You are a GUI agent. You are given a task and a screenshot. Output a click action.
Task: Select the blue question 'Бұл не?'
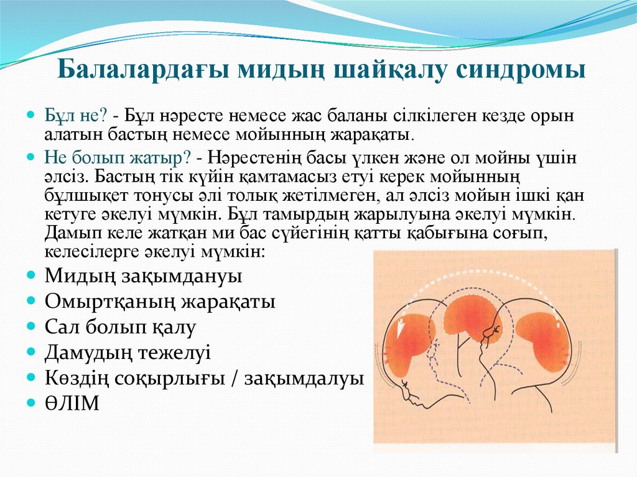tap(75, 116)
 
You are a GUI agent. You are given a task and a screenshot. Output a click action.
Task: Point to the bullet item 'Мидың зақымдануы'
tap(143, 276)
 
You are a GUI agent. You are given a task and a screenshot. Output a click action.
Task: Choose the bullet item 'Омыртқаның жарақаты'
tap(160, 302)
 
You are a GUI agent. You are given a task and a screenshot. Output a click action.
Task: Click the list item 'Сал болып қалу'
tap(120, 327)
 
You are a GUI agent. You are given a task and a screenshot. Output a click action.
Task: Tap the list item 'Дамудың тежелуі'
tap(128, 353)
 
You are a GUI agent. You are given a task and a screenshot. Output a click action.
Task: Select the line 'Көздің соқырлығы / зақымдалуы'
tap(204, 378)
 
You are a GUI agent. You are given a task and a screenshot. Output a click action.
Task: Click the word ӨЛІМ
tap(72, 404)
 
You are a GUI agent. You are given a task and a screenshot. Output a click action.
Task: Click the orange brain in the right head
tap(541, 340)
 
